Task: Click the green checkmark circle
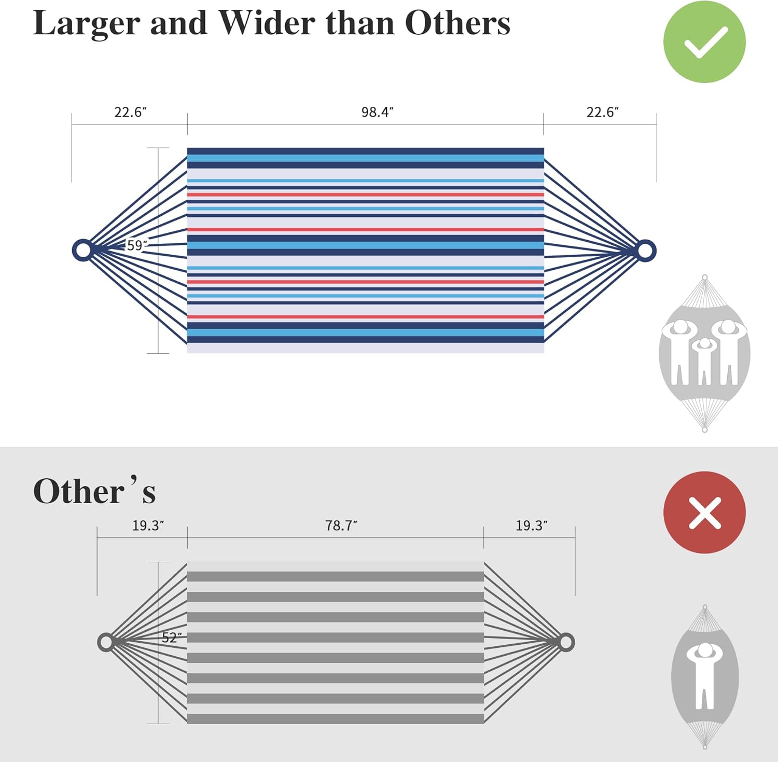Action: click(704, 42)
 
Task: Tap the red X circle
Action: click(704, 512)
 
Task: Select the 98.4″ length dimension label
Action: click(378, 112)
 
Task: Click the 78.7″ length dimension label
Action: click(341, 525)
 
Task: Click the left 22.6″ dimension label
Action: click(130, 112)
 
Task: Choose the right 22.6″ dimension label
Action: click(603, 112)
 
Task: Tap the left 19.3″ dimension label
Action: click(148, 525)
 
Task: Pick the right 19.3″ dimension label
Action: click(531, 525)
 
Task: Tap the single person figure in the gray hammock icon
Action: click(704, 675)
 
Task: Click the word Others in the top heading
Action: click(457, 23)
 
